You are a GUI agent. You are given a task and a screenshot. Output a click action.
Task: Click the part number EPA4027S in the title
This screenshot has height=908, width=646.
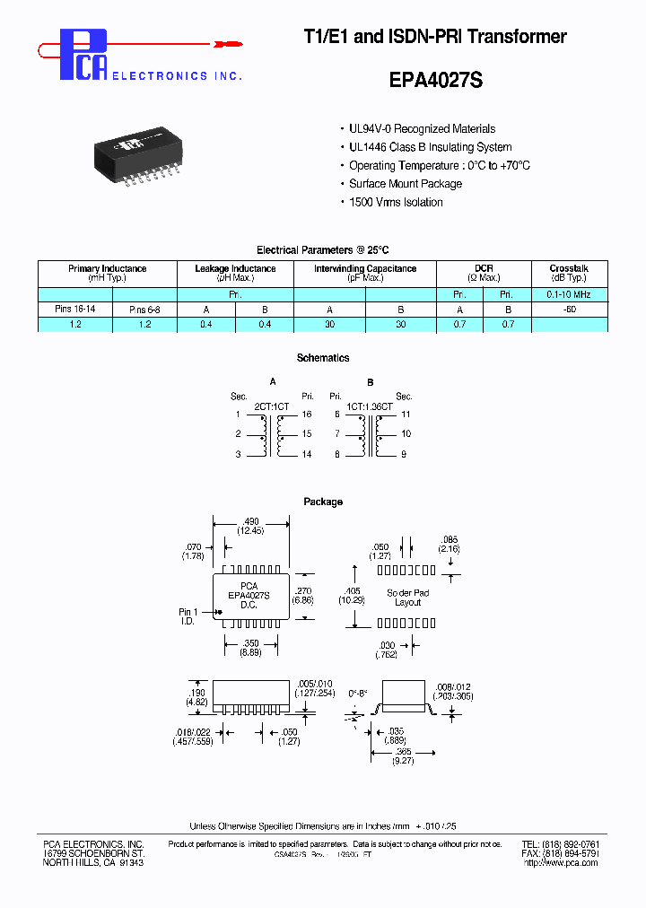[x=436, y=80]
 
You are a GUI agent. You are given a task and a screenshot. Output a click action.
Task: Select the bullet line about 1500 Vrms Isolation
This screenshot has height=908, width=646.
[x=396, y=203]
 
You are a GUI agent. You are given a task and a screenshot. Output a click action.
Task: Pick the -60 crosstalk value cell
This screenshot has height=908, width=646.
[x=569, y=309]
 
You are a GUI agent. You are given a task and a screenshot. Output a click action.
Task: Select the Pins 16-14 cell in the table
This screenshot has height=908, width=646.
[x=74, y=309]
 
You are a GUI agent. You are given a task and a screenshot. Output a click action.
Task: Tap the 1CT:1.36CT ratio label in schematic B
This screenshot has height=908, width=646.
[x=368, y=406]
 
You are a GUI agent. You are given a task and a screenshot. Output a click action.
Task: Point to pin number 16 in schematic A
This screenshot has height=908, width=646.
[x=308, y=415]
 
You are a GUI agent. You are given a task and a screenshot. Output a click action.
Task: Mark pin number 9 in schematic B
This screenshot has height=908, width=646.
[x=404, y=454]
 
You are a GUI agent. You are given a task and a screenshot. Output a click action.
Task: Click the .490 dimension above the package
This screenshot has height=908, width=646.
[x=250, y=522]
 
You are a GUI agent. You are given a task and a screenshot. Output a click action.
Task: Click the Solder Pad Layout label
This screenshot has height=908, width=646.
[x=407, y=598]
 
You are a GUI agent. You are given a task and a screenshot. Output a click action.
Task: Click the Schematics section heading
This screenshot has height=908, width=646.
[x=322, y=358]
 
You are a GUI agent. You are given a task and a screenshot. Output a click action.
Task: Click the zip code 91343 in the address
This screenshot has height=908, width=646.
[x=130, y=862]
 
